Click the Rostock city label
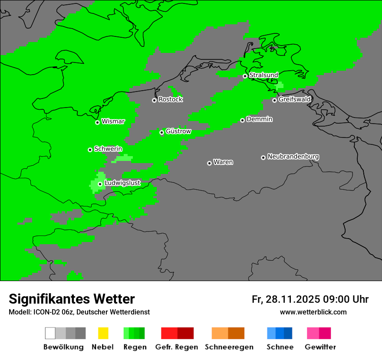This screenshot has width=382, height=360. pyautogui.click(x=171, y=99)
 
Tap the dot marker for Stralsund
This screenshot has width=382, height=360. pyautogui.click(x=245, y=76)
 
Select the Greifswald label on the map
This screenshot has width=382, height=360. pyautogui.click(x=295, y=99)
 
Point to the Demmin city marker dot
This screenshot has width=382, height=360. pyautogui.click(x=242, y=120)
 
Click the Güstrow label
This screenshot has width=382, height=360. pyautogui.click(x=178, y=131)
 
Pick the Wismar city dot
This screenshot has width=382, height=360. pyautogui.click(x=97, y=122)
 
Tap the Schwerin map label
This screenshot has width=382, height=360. pyautogui.click(x=108, y=149)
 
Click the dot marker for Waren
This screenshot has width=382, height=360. pyautogui.click(x=209, y=163)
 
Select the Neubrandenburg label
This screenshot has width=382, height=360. pyautogui.click(x=293, y=156)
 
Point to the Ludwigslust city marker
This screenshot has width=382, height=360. pyautogui.click(x=100, y=184)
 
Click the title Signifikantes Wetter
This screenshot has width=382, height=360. pyautogui.click(x=72, y=299)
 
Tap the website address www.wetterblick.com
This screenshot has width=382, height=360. pyautogui.click(x=313, y=312)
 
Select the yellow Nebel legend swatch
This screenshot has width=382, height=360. pyautogui.click(x=103, y=333)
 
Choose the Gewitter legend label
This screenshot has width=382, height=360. pyautogui.click(x=320, y=347)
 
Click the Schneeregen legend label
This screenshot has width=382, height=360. pyautogui.click(x=229, y=347)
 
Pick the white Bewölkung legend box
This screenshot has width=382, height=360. pyautogui.click(x=50, y=333)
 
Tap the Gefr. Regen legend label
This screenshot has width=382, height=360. pyautogui.click(x=177, y=347)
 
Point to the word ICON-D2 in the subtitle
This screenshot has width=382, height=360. pyautogui.click(x=42, y=312)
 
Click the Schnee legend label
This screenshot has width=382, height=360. pyautogui.click(x=280, y=347)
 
